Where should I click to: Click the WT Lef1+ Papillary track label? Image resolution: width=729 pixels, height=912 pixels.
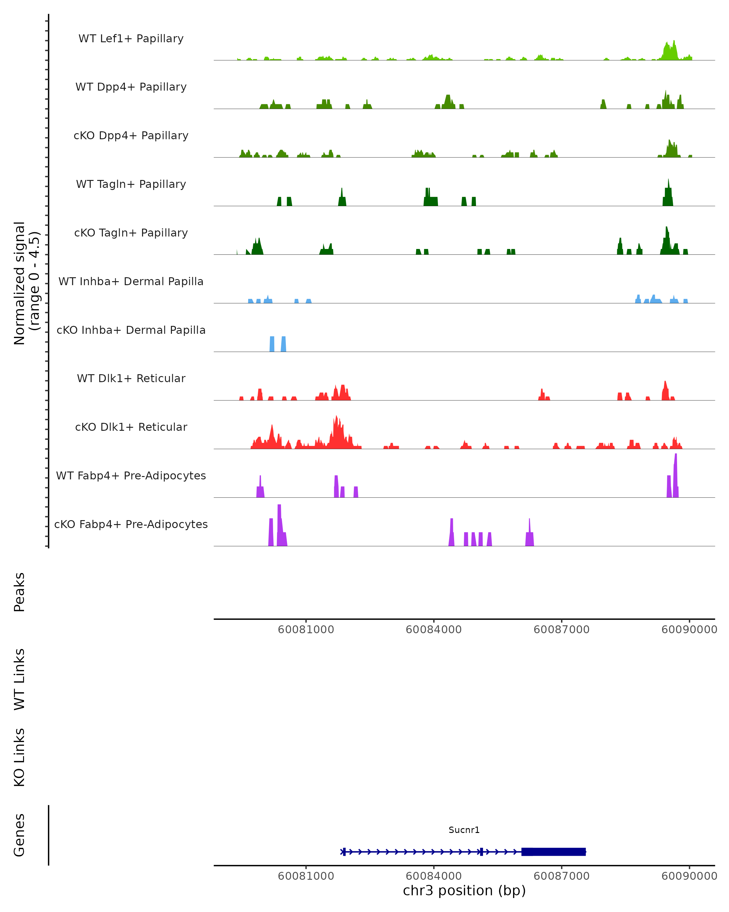click(x=131, y=39)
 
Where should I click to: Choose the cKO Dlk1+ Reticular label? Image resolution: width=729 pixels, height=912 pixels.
click(x=131, y=427)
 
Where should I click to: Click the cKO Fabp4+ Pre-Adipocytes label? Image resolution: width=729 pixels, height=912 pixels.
click(x=131, y=524)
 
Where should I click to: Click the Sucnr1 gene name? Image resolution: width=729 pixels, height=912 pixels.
click(x=464, y=830)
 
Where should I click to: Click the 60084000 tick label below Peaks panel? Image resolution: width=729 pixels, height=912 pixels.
click(x=433, y=630)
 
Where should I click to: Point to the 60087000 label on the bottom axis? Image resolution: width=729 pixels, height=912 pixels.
click(x=561, y=876)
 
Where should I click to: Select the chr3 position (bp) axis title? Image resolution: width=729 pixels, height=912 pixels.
click(x=464, y=891)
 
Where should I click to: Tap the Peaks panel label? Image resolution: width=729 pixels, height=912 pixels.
click(x=19, y=592)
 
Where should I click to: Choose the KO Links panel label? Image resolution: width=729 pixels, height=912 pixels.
click(x=19, y=757)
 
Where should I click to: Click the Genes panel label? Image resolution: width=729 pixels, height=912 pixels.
click(x=19, y=835)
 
